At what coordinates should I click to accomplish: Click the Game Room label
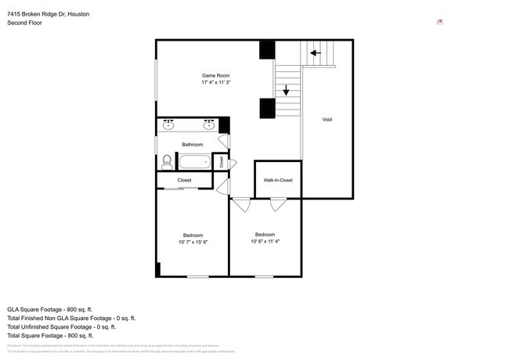pos(215,75)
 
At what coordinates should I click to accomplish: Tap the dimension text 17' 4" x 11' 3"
pos(215,82)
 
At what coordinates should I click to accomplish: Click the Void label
pos(327,120)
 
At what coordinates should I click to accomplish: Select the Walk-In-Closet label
pos(278,181)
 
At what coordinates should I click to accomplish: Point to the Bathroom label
pos(192,145)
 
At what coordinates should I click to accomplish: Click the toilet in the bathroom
pos(166,162)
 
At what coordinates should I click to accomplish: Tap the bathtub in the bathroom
pos(194,163)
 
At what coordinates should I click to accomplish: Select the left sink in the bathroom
pos(168,124)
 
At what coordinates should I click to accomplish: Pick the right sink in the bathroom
pos(209,124)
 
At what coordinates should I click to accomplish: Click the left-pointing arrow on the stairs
pos(316,53)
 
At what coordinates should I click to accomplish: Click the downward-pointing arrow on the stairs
pos(287,89)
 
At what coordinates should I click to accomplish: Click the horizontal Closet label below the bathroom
pos(184,181)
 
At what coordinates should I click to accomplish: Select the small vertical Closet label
pos(222,162)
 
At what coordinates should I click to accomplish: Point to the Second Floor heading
pos(24,23)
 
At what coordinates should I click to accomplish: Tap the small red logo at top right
pos(439,21)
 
